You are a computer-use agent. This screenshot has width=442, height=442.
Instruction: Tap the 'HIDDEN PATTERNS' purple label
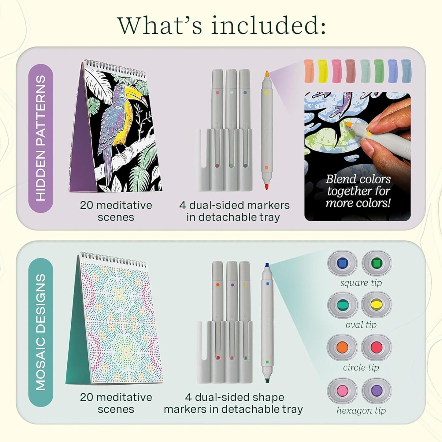pyautogui.click(x=41, y=138)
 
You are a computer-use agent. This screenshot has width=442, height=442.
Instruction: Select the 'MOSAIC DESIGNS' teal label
pyautogui.click(x=41, y=332)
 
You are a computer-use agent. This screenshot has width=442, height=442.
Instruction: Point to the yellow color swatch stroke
pyautogui.click(x=322, y=71)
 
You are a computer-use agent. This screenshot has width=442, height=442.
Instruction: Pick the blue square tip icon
pyautogui.click(x=342, y=263)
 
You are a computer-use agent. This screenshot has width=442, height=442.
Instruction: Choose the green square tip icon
pyautogui.click(x=377, y=263)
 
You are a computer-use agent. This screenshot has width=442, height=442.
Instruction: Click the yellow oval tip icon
pyautogui.click(x=376, y=305)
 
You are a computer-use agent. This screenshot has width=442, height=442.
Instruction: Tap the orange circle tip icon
pyautogui.click(x=342, y=347)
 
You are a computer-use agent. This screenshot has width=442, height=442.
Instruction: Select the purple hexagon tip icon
pyautogui.click(x=377, y=390)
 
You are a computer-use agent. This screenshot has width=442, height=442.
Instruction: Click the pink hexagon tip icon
pyautogui.click(x=342, y=390)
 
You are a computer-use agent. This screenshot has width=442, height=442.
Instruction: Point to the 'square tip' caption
pyautogui.click(x=361, y=283)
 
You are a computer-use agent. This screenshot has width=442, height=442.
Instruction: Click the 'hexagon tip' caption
pyautogui.click(x=361, y=410)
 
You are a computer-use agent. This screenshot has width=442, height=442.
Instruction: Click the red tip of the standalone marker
pyautogui.click(x=266, y=186)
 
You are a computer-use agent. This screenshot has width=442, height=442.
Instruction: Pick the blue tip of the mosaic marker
pyautogui.click(x=267, y=265)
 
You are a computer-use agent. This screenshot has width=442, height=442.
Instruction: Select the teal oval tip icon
pyautogui.click(x=342, y=305)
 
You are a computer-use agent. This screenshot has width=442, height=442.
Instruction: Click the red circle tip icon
pyautogui.click(x=376, y=347)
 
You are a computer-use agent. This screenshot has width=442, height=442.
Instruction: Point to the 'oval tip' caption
pyautogui.click(x=361, y=325)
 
